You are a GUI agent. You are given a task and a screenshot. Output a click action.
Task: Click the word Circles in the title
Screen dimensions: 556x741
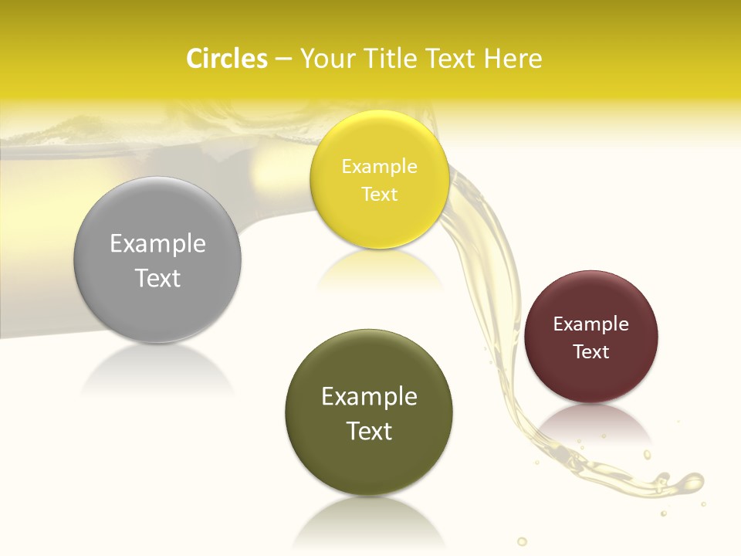(x=226, y=59)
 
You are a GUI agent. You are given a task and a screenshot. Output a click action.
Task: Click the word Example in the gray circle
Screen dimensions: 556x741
(x=157, y=244)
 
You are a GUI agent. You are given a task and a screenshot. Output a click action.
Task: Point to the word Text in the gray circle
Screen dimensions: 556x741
(x=157, y=278)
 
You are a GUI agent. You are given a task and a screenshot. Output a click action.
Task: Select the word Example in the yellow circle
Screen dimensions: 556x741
(x=379, y=167)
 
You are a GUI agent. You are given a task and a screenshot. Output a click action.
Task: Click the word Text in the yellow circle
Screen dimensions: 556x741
(x=379, y=194)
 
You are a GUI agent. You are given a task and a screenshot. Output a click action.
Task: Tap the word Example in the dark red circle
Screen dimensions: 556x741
(x=590, y=324)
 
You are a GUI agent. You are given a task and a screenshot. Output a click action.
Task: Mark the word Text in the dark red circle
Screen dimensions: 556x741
(x=590, y=352)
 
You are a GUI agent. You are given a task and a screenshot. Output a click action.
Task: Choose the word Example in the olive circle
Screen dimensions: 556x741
(x=369, y=397)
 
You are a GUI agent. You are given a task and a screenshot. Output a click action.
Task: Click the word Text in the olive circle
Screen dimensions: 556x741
(x=369, y=431)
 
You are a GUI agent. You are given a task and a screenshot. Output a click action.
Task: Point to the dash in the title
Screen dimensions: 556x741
(x=283, y=59)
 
